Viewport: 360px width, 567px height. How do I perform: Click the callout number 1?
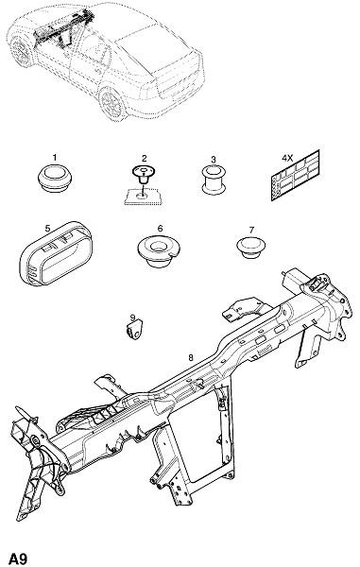[x=55, y=158]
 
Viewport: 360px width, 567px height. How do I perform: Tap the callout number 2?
[x=145, y=158]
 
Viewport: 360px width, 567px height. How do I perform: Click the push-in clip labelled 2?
[x=143, y=176]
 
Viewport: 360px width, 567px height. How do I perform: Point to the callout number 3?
[x=214, y=159]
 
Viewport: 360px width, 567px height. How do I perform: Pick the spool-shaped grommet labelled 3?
[x=214, y=180]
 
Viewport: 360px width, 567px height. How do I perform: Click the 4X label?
[x=287, y=158]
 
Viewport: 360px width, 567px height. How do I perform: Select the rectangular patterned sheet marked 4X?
[x=296, y=176]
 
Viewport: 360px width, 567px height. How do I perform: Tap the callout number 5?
[x=47, y=228]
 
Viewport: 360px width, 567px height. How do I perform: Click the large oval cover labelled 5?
[x=56, y=254]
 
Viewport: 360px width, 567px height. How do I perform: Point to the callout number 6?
[x=160, y=229]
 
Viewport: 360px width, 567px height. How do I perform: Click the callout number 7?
[x=251, y=230]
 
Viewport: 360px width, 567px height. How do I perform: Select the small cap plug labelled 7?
[x=250, y=247]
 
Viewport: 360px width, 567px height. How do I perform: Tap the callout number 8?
[x=191, y=358]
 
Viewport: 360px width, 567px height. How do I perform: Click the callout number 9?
[x=132, y=318]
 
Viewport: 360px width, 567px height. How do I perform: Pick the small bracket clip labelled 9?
[x=135, y=330]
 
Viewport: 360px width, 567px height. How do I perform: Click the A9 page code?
[x=18, y=558]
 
